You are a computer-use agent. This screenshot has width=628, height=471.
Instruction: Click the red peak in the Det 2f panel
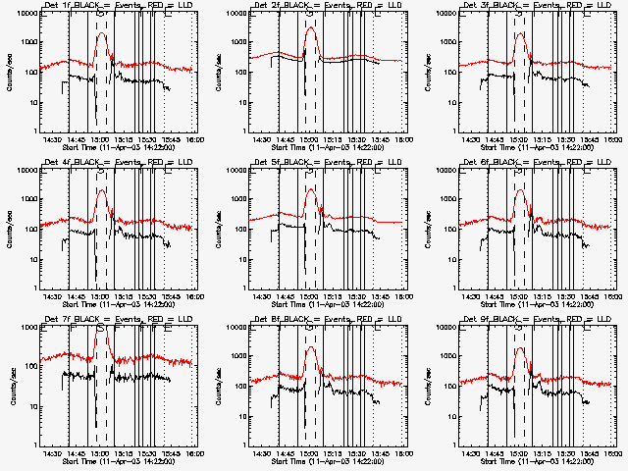[x=311, y=27]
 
